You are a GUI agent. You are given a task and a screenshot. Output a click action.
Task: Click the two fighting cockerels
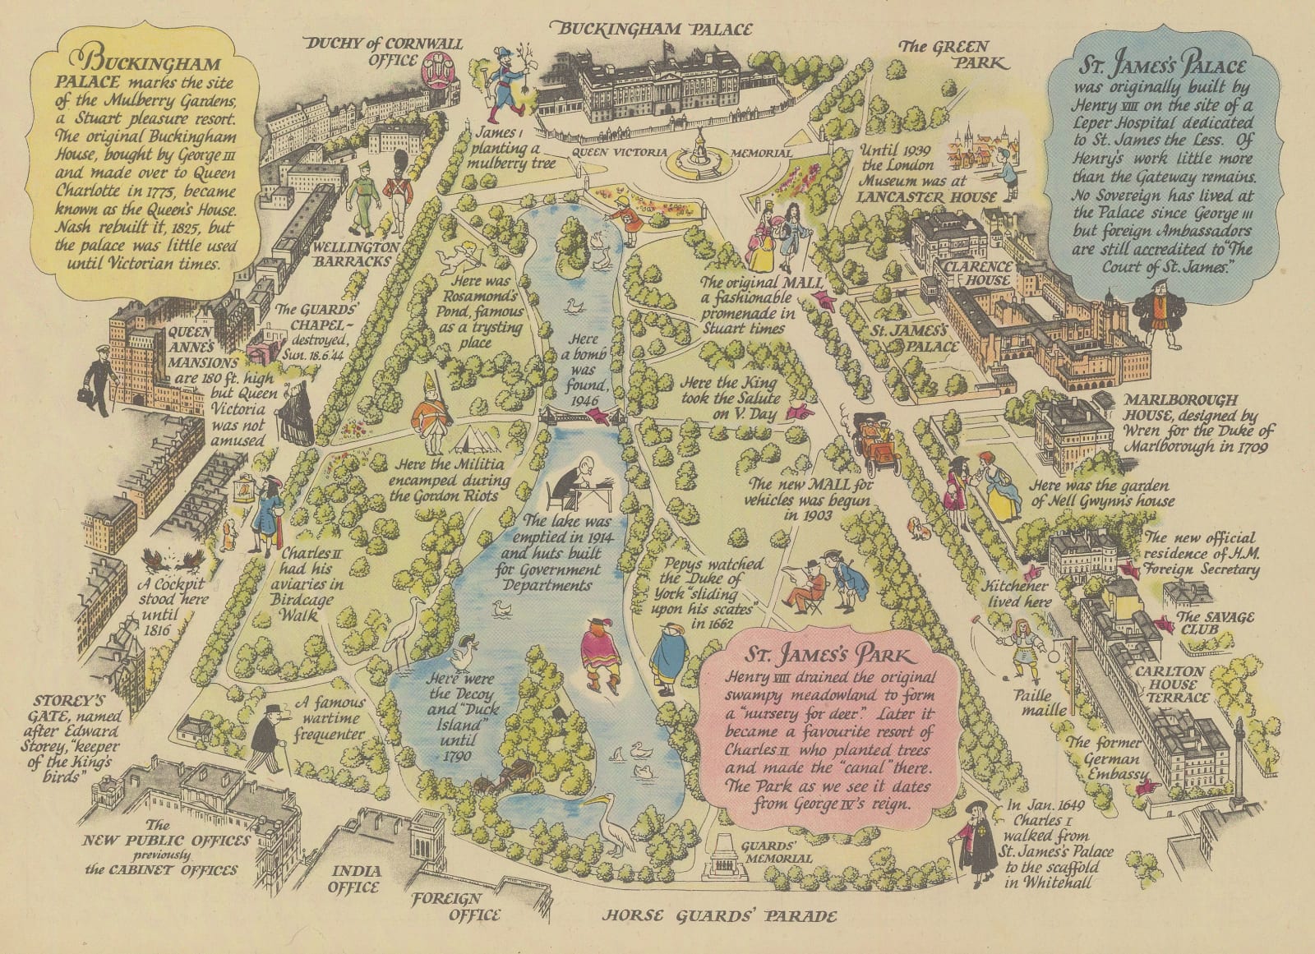(x=168, y=561)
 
